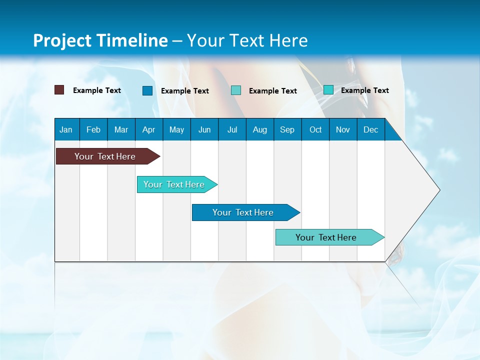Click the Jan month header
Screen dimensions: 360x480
tap(66, 129)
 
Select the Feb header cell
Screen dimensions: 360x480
tap(93, 129)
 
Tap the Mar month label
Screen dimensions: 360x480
tap(121, 129)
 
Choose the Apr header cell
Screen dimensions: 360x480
tap(148, 129)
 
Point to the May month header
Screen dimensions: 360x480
tap(176, 129)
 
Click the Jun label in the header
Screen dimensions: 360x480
tap(204, 129)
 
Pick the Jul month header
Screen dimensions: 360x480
tap(232, 129)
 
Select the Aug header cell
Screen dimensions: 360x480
tap(259, 129)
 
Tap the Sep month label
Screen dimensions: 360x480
tap(287, 129)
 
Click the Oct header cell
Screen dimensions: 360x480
tap(315, 129)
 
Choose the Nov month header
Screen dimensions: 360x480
tap(343, 129)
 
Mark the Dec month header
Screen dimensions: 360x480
tap(370, 129)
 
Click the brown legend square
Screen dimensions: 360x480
tap(59, 90)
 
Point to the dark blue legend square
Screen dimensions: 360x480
tap(147, 90)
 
